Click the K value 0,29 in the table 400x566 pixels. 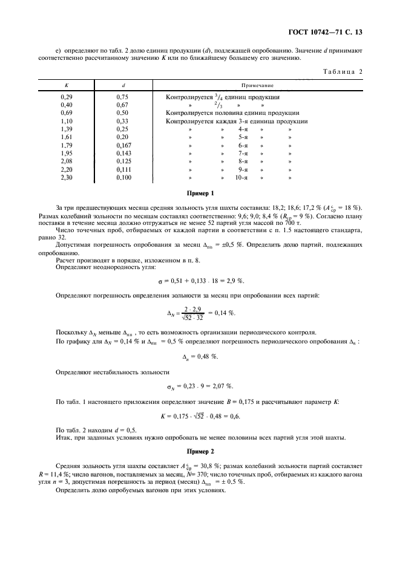(x=67, y=97)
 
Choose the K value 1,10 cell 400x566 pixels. (x=67, y=121)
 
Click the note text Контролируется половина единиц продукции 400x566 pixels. (x=232, y=113)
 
